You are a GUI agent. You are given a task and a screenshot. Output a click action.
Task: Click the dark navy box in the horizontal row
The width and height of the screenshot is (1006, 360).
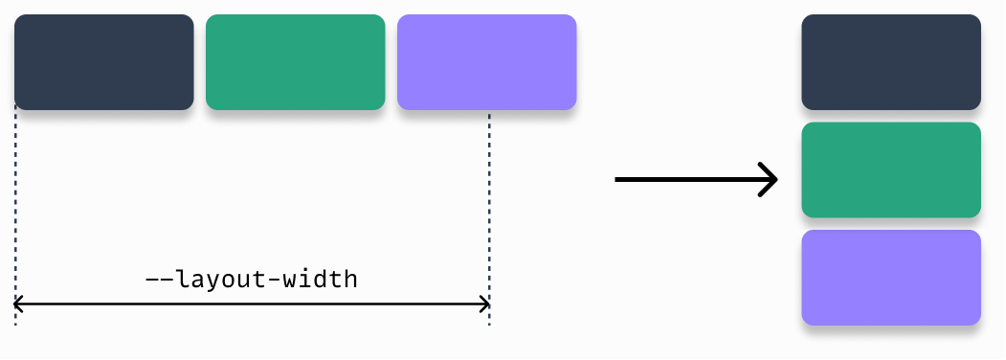(103, 62)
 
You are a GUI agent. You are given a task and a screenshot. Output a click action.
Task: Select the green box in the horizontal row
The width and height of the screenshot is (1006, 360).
(295, 62)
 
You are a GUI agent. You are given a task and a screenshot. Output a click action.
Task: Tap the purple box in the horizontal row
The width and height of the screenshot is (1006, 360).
(486, 62)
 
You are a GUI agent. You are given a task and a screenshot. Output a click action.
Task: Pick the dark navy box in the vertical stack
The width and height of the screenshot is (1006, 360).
(891, 62)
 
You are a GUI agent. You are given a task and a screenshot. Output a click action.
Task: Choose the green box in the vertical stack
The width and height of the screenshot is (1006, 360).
(891, 170)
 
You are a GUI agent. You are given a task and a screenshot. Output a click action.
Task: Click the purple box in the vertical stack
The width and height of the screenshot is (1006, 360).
(891, 278)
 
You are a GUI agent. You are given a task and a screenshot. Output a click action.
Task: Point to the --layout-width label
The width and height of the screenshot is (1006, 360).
(251, 280)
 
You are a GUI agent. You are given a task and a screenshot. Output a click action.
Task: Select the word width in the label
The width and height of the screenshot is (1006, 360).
(323, 280)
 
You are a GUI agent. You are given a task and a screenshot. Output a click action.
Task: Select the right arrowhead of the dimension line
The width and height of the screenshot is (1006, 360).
(484, 305)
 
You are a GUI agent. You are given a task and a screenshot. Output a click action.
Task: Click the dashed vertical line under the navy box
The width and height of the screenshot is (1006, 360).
(16, 211)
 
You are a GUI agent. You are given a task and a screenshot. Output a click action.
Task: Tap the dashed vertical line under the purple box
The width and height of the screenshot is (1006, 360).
(489, 211)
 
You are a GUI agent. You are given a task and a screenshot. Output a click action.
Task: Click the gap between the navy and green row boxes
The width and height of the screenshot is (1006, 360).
(200, 62)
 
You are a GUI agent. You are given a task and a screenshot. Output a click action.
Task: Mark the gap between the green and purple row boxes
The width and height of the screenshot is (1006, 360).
(391, 62)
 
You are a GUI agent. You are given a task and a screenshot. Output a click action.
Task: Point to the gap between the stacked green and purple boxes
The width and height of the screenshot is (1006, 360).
(891, 224)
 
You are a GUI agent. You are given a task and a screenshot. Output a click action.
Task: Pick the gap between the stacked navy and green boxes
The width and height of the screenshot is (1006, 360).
(891, 116)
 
